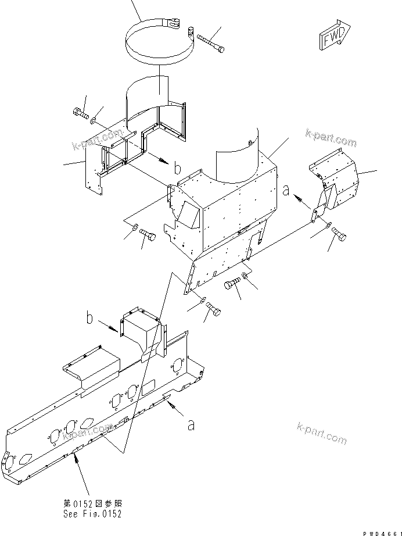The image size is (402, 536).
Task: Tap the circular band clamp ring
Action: tap(157, 44)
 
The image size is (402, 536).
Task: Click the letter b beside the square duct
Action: tap(89, 319)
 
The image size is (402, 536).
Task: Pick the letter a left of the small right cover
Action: tap(286, 190)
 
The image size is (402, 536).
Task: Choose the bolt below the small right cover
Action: tap(338, 235)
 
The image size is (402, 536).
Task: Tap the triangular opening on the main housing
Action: tap(188, 215)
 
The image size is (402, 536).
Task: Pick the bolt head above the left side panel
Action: tap(80, 113)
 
